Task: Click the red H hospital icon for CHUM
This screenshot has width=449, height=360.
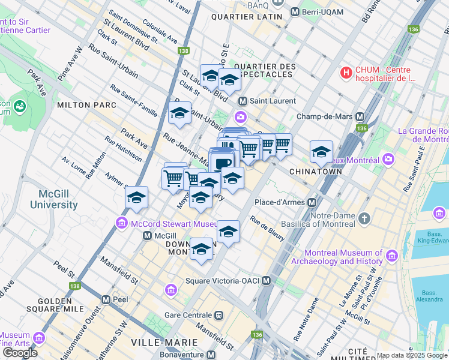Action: click(346, 73)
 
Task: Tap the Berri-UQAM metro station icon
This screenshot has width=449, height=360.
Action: click(295, 12)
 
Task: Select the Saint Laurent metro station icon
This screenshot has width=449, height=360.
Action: click(243, 101)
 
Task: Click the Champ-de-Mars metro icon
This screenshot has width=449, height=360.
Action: click(360, 116)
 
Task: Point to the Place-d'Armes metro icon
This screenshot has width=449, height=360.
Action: click(312, 202)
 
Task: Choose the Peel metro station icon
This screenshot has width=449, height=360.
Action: click(106, 299)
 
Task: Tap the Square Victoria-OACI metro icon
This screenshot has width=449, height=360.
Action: click(267, 281)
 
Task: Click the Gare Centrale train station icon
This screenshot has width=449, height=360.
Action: click(220, 315)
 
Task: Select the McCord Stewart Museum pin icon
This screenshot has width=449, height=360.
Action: click(121, 224)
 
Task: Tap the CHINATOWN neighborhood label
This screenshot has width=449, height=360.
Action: click(316, 172)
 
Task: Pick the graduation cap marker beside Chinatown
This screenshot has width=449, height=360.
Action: click(321, 151)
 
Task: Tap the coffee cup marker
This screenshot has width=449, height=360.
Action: click(222, 163)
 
